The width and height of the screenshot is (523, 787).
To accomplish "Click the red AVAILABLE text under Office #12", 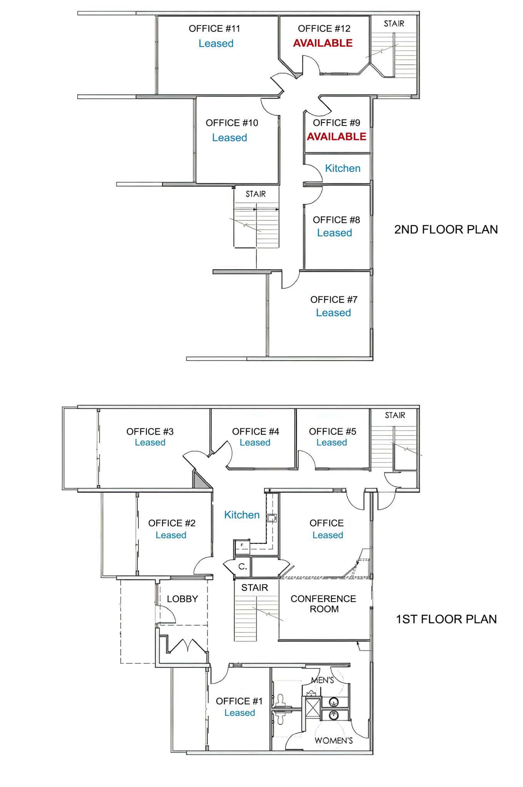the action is pos(323,43).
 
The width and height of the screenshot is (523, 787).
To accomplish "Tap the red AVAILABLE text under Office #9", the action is pos(336,136).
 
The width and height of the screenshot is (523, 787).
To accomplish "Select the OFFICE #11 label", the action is pos(214,28).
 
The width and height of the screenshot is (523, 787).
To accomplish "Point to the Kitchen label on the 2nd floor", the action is pos(343,168).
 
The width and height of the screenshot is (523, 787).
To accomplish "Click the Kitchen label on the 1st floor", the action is pos(242,515).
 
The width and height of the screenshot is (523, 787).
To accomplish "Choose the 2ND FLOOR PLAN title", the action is pos(446,229).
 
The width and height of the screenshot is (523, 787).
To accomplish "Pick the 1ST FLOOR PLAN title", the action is pos(446,619).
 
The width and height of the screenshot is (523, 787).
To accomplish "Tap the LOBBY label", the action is pos(182,599).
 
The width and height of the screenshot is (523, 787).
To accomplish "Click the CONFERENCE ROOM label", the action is pos(323,604).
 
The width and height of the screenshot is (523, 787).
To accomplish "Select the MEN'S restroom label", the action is pos(322,680).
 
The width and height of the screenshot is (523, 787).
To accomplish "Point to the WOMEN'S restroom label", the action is pos(334,741).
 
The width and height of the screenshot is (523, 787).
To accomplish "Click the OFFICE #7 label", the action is pos(334,299).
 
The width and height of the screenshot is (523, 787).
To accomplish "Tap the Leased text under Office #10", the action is pos(229,138).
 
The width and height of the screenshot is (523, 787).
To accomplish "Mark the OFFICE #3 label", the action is pos(150,432).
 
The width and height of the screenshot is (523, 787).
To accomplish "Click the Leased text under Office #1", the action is pos(239,713).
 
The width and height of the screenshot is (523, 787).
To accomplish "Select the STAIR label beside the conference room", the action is pos(254,588).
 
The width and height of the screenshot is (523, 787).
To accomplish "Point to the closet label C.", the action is pos(242,566).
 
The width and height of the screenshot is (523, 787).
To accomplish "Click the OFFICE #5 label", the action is pos(333,432).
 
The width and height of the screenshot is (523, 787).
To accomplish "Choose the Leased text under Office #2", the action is pos(171,535).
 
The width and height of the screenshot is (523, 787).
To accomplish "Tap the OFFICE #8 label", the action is pos(336,220).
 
